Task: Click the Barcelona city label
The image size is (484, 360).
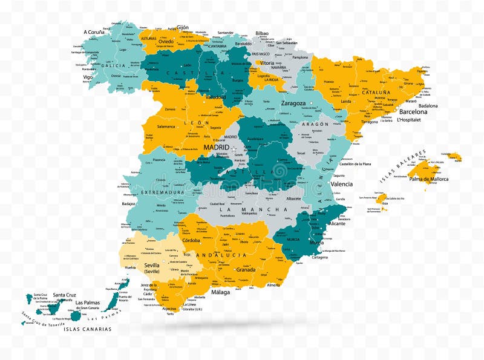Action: point(413,112)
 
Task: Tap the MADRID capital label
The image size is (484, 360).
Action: point(216,147)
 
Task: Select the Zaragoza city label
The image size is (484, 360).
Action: point(293,103)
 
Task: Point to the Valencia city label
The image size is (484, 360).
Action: point(342,184)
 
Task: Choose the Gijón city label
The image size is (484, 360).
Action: point(183,27)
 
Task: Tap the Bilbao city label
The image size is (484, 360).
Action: point(262,34)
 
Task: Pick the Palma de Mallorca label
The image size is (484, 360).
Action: point(428,179)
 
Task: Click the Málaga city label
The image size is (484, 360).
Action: point(221,292)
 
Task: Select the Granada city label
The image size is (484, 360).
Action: point(246,270)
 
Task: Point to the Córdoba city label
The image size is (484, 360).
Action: point(191,240)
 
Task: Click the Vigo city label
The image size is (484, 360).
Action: point(88,77)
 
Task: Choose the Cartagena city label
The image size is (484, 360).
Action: point(319,257)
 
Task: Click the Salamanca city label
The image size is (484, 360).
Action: point(166,126)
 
